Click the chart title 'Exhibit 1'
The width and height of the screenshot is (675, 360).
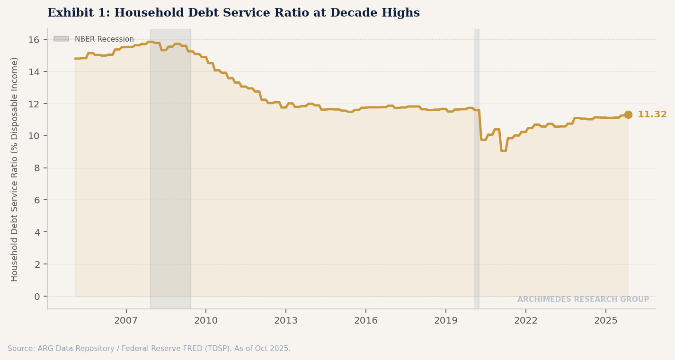click(233, 13)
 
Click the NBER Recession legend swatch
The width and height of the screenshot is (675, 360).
click(61, 39)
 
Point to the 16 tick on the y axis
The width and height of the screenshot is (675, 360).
click(34, 40)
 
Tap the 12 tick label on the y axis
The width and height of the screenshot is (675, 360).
click(34, 104)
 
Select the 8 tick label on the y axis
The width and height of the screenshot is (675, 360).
click(37, 168)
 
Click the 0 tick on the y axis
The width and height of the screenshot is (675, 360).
click(37, 297)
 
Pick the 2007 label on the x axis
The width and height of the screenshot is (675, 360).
click(126, 321)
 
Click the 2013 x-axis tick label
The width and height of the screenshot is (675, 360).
click(286, 321)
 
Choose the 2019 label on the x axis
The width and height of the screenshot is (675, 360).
click(446, 321)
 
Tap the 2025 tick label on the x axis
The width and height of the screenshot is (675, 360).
click(606, 321)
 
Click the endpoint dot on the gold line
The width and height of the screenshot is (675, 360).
click(628, 114)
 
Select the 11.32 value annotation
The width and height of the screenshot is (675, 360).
click(652, 114)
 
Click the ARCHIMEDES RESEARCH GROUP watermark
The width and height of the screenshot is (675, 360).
click(583, 299)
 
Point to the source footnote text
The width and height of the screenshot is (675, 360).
click(149, 349)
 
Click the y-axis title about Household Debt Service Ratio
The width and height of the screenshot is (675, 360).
click(15, 169)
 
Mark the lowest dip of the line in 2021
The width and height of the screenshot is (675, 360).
click(503, 150)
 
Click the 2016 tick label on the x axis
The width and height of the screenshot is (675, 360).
click(366, 321)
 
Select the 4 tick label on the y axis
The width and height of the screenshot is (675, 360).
click(37, 232)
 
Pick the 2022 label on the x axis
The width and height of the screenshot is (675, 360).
click(526, 321)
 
